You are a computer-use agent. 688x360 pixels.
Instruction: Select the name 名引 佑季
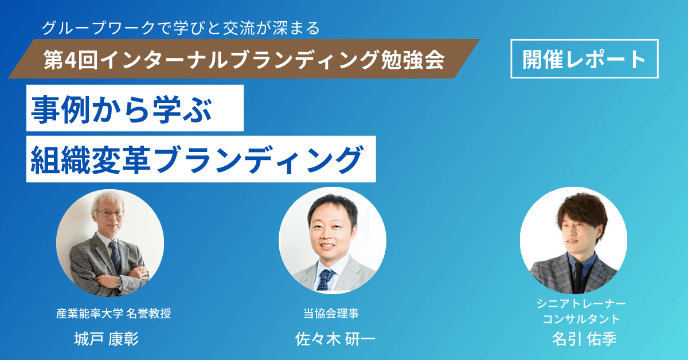[581, 339]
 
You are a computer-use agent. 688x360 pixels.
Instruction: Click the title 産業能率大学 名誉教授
[114, 314]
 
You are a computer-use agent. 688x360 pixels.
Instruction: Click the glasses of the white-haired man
[109, 213]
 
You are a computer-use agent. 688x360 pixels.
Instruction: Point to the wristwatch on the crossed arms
[118, 281]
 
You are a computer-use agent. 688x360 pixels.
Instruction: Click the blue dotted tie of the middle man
[326, 279]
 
